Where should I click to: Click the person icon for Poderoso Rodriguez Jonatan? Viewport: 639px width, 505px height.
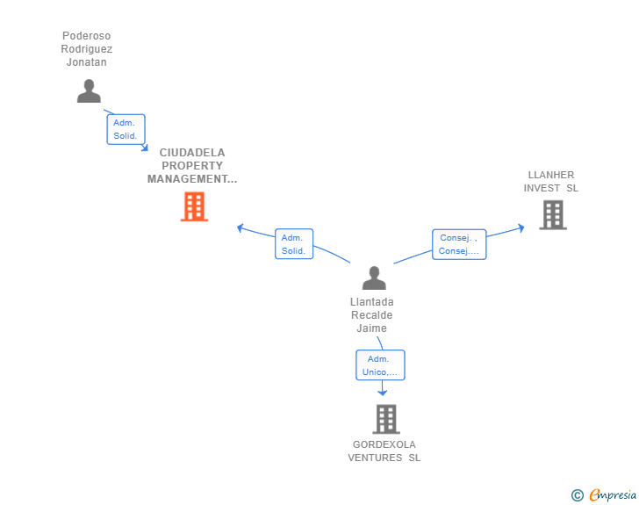pos(89,90)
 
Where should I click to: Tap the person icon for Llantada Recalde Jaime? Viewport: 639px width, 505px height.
pos(374,278)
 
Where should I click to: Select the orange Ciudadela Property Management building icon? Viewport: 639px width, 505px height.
pos(194,206)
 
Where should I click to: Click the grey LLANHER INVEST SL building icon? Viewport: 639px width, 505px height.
pos(552,214)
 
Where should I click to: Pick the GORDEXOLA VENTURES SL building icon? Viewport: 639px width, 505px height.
pos(385,419)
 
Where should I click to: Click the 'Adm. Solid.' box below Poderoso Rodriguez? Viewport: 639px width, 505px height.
pos(125,129)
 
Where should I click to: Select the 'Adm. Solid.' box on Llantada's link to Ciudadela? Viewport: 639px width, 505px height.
pos(293,244)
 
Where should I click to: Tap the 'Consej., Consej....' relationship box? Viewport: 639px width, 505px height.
pos(458,244)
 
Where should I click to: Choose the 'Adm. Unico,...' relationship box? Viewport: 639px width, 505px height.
pos(379,365)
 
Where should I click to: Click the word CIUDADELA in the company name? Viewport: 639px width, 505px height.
pos(192,152)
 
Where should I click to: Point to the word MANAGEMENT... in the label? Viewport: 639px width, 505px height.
pos(192,179)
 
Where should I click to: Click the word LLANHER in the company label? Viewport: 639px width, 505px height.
pos(551,175)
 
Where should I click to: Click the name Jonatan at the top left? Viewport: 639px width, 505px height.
pos(87,62)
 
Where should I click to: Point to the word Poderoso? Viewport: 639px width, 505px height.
pos(87,36)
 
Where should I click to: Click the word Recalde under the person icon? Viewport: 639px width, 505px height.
pos(371,315)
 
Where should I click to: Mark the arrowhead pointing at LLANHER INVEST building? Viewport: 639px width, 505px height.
pos(521,227)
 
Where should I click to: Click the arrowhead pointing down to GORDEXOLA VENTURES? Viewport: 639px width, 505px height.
pos(383,393)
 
